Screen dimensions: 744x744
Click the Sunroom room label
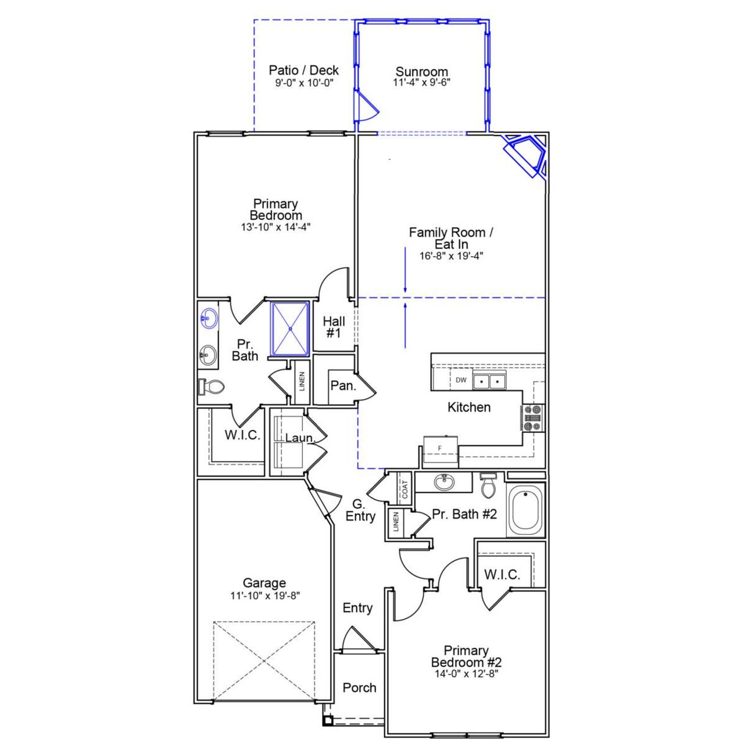pos(421,72)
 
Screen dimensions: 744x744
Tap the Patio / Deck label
pos(303,70)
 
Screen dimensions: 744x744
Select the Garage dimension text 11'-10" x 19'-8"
pos(264,595)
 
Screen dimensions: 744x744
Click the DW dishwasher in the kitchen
pos(461,380)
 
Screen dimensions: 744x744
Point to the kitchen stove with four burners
pos(532,417)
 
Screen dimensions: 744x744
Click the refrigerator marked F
pos(440,448)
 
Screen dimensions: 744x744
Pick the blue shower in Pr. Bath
pos(290,328)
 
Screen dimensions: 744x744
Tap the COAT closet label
pos(405,488)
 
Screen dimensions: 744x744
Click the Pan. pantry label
pos(343,385)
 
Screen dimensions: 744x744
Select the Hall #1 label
pos(334,327)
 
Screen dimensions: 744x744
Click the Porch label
pos(359,688)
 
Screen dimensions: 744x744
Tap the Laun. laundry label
pos(299,438)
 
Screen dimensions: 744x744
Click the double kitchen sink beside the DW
pos(489,381)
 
